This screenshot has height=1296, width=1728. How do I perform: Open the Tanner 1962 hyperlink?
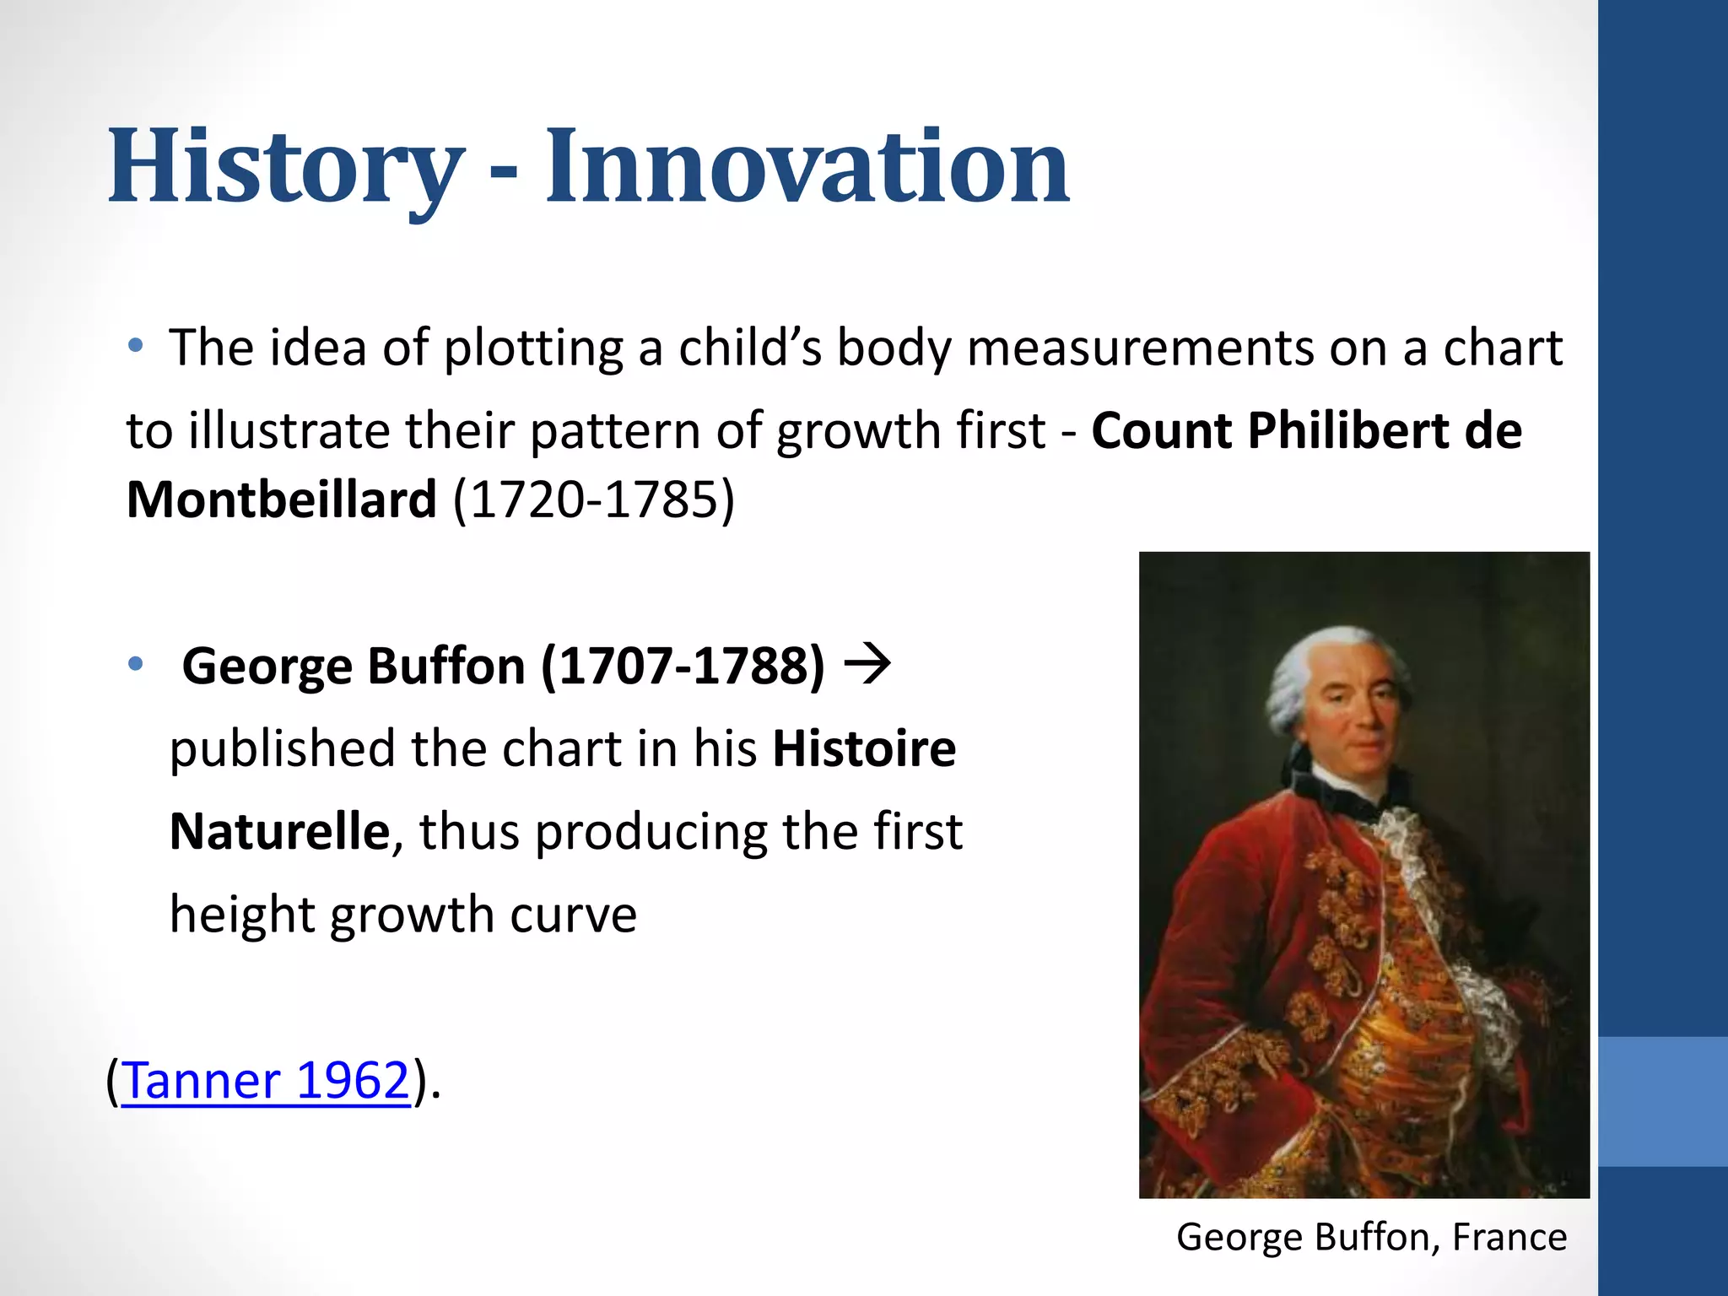click(267, 1080)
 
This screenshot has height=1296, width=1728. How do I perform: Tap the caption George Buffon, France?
click(1371, 1237)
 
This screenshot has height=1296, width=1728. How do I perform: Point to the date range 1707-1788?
click(683, 666)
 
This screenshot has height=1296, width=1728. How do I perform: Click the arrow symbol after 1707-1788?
click(867, 664)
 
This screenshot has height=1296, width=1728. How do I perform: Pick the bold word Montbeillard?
click(282, 499)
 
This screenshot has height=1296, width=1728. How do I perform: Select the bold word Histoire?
click(864, 748)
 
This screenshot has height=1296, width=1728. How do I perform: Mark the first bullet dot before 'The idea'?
click(136, 345)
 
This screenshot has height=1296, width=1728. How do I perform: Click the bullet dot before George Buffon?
click(136, 664)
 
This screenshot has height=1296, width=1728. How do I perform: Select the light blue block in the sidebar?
click(1662, 1101)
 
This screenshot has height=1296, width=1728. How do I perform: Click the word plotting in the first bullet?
click(533, 348)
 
